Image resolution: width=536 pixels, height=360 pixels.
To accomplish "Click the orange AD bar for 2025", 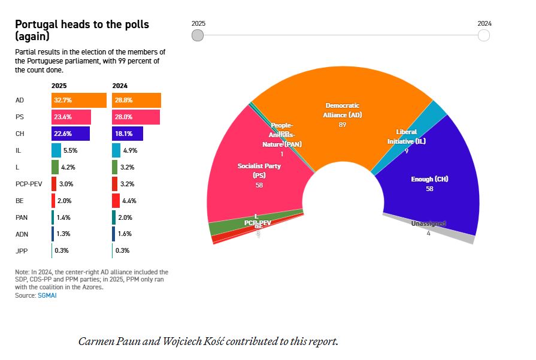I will pyautogui.click(x=78, y=100).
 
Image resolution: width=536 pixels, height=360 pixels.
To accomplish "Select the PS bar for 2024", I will pyautogui.click(x=136, y=117).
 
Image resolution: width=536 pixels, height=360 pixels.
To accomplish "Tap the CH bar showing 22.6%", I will pyautogui.click(x=71, y=133).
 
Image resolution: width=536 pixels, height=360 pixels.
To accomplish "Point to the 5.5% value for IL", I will pyautogui.click(x=71, y=150).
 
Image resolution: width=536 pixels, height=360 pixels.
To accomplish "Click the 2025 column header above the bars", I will pyautogui.click(x=59, y=86).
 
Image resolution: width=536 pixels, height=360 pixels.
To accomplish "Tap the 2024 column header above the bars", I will pyautogui.click(x=120, y=86).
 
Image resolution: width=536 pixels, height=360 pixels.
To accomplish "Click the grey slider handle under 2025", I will pyautogui.click(x=198, y=35).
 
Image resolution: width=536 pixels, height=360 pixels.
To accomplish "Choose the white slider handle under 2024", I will pyautogui.click(x=484, y=35).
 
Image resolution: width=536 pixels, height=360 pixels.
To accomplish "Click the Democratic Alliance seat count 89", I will pyautogui.click(x=343, y=125).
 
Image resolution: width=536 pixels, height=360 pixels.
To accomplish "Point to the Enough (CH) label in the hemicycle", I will pyautogui.click(x=429, y=179).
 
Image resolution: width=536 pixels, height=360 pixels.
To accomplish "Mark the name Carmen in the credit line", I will pyautogui.click(x=96, y=341).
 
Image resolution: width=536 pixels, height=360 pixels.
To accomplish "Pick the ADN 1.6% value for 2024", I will pyautogui.click(x=129, y=234).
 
